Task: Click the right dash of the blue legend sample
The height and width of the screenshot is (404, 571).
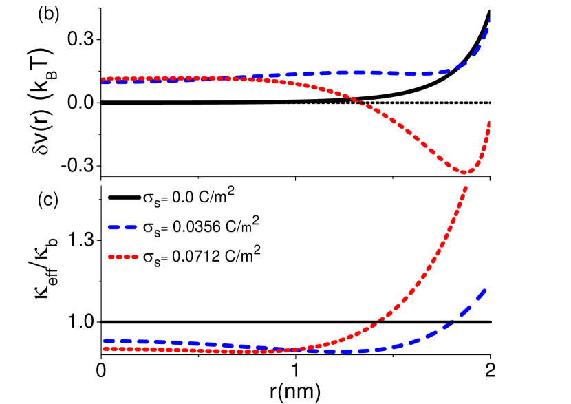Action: [131, 227]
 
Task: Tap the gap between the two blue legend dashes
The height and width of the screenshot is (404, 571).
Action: [122, 227]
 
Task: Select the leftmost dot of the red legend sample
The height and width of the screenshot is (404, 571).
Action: [111, 257]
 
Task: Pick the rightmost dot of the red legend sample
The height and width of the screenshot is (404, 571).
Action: [135, 257]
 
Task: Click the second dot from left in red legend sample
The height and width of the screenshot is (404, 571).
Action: [119, 257]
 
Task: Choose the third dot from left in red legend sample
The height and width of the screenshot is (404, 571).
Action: [127, 257]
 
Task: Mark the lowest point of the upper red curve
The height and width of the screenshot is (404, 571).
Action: [464, 172]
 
